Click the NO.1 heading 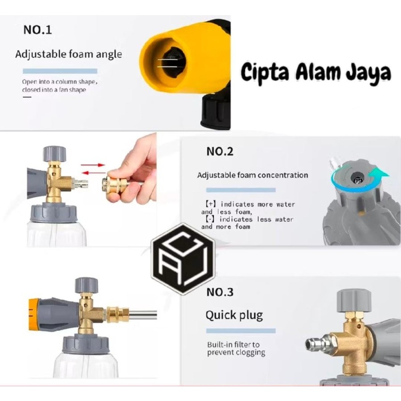(x=37, y=30)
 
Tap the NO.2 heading (x=220, y=151)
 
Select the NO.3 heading (x=220, y=293)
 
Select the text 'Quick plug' (x=234, y=315)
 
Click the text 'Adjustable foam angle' (x=68, y=55)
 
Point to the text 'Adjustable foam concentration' (x=252, y=175)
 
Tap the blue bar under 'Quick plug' (x=240, y=331)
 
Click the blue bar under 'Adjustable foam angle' (x=60, y=71)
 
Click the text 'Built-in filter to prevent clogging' (x=236, y=348)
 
